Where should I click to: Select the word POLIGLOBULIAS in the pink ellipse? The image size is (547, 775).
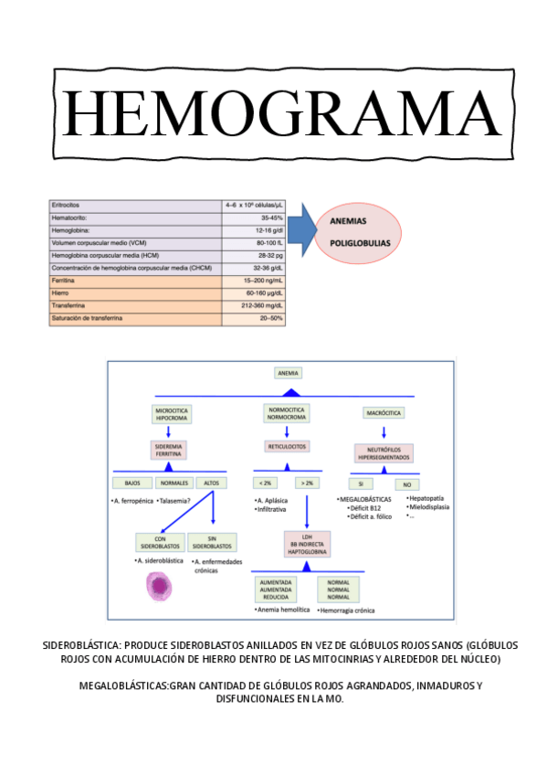359,244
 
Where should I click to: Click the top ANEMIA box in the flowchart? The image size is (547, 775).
289,373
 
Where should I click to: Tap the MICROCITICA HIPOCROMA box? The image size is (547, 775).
172,414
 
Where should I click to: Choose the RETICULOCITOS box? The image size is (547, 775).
287,446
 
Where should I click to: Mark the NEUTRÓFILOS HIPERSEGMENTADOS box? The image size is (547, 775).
384,451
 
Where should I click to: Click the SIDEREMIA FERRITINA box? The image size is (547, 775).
168,449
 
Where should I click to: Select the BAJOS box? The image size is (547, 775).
131,483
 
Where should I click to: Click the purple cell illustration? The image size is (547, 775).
160,586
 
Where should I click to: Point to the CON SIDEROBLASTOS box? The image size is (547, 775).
158,542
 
